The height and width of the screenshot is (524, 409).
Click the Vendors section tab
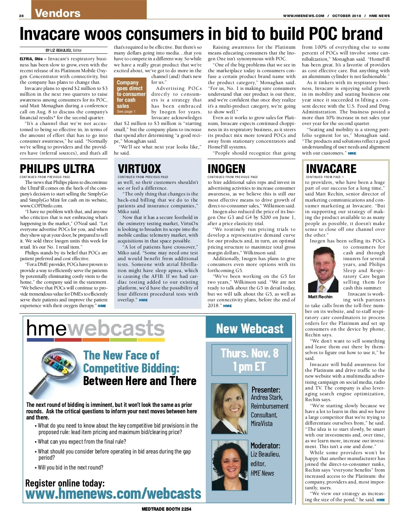click(x=58, y=13)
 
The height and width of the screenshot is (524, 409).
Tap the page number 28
click(x=21, y=16)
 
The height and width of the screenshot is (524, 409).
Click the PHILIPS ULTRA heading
click(x=57, y=169)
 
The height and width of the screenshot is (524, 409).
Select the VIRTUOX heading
click(x=139, y=169)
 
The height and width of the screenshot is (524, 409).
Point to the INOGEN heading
click(x=226, y=169)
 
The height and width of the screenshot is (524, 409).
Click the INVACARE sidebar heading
click(x=331, y=169)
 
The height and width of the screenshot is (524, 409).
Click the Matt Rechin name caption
click(x=320, y=297)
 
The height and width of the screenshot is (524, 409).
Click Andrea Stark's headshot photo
click(x=228, y=408)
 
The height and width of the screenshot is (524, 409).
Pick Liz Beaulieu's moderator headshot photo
click(x=228, y=465)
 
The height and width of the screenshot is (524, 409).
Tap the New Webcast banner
click(x=249, y=329)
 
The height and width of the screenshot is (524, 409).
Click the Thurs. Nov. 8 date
click(x=249, y=353)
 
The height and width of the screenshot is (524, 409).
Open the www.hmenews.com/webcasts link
click(x=113, y=494)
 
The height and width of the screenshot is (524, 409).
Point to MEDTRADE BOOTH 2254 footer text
click(x=166, y=509)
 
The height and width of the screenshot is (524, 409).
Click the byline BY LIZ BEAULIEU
click(x=64, y=50)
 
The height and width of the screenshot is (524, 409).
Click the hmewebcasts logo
click(x=95, y=329)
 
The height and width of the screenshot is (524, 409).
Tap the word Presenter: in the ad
click(x=266, y=390)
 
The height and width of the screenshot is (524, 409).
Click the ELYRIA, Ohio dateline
click(x=31, y=59)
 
